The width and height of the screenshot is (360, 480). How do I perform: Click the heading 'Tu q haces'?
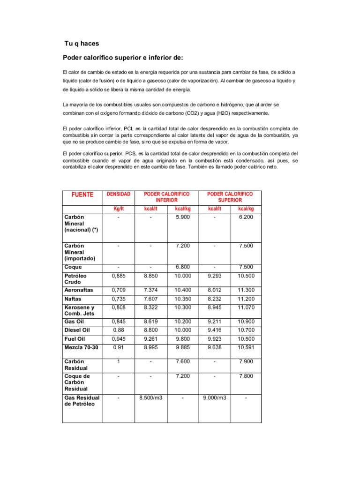pyautogui.click(x=82, y=44)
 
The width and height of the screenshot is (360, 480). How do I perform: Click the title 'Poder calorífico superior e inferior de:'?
pyautogui.click(x=124, y=58)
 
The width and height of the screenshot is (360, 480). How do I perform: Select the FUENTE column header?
pyautogui.click(x=82, y=195)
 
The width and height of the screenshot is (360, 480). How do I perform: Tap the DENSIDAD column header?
pyautogui.click(x=119, y=194)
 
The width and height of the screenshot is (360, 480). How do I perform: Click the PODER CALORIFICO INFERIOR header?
pyautogui.click(x=166, y=197)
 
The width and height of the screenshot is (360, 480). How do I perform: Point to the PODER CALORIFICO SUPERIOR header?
pyautogui.click(x=230, y=197)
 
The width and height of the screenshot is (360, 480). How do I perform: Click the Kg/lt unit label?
pyautogui.click(x=119, y=209)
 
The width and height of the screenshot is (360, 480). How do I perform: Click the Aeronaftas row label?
pyautogui.click(x=78, y=290)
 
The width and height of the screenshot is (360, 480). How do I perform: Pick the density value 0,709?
pyautogui.click(x=119, y=290)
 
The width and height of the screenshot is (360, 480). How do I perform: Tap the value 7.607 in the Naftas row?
pyautogui.click(x=151, y=299)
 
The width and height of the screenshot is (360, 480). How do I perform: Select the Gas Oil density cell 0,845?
pyautogui.click(x=119, y=322)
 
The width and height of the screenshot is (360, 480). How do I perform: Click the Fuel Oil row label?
pyautogui.click(x=75, y=339)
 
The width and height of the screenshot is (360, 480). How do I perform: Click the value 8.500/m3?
pyautogui.click(x=151, y=398)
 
